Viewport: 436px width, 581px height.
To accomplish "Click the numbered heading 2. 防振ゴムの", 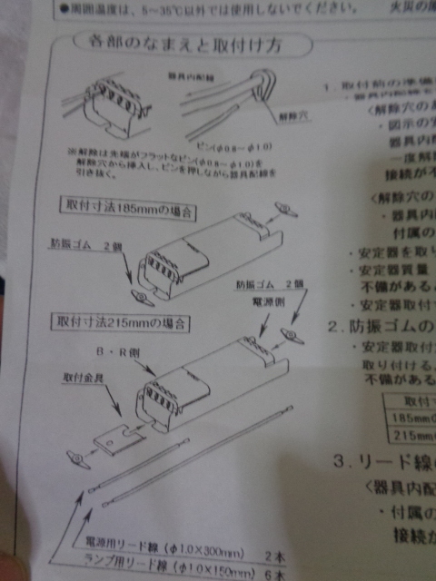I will click(377, 326).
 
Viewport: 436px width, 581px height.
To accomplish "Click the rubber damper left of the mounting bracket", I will click(75, 451).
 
